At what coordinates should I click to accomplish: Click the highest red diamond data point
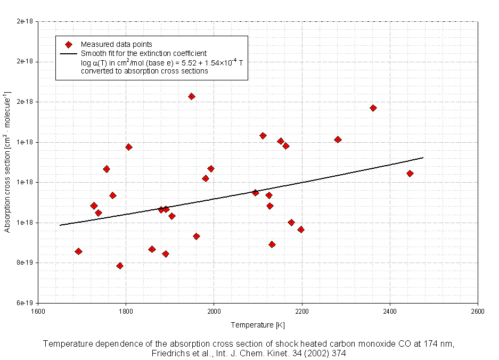[191, 96]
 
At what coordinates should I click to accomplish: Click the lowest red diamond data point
[120, 266]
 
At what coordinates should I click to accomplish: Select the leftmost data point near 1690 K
[78, 251]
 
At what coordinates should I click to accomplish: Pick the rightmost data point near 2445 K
[410, 174]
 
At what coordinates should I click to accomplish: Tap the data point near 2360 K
[373, 108]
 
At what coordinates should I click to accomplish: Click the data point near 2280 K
[338, 140]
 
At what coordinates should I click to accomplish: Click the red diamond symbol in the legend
[68, 45]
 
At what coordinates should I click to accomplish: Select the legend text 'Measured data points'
[117, 45]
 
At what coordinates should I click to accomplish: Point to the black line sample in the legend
[68, 54]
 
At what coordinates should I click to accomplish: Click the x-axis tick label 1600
[38, 312]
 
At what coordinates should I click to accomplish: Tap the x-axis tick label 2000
[214, 312]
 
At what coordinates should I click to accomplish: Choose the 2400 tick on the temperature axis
[390, 312]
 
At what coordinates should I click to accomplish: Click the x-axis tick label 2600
[478, 312]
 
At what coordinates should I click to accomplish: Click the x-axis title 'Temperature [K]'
[258, 325]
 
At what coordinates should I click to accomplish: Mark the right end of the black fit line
[423, 158]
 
